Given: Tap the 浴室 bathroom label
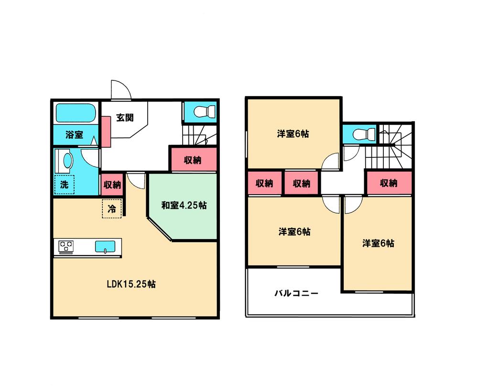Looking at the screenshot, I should (x=74, y=135).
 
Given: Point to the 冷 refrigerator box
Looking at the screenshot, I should (x=112, y=209).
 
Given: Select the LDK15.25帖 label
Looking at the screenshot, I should (x=130, y=284).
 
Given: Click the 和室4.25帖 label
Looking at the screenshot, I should (x=184, y=206).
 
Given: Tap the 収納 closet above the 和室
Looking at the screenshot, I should (x=193, y=161).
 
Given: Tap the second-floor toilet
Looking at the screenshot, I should (x=360, y=133).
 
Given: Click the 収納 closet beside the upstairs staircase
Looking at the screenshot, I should (x=389, y=183).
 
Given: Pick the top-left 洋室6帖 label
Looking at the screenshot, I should (x=293, y=134).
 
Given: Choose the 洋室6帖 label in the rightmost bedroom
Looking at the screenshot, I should (x=378, y=243).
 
